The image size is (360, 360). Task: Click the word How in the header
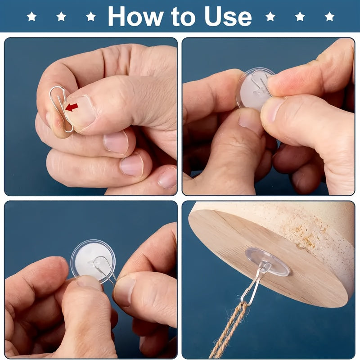coord(135,16)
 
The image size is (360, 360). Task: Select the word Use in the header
coord(228,16)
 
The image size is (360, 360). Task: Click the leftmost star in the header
coord(31,17)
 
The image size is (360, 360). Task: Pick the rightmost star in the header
coord(329,17)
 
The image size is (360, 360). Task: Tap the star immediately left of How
coord(91,17)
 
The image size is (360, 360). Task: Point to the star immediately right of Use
coord(270,17)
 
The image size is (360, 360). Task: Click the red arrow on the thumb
coord(72,107)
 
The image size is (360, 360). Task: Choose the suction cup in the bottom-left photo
coord(93,261)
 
